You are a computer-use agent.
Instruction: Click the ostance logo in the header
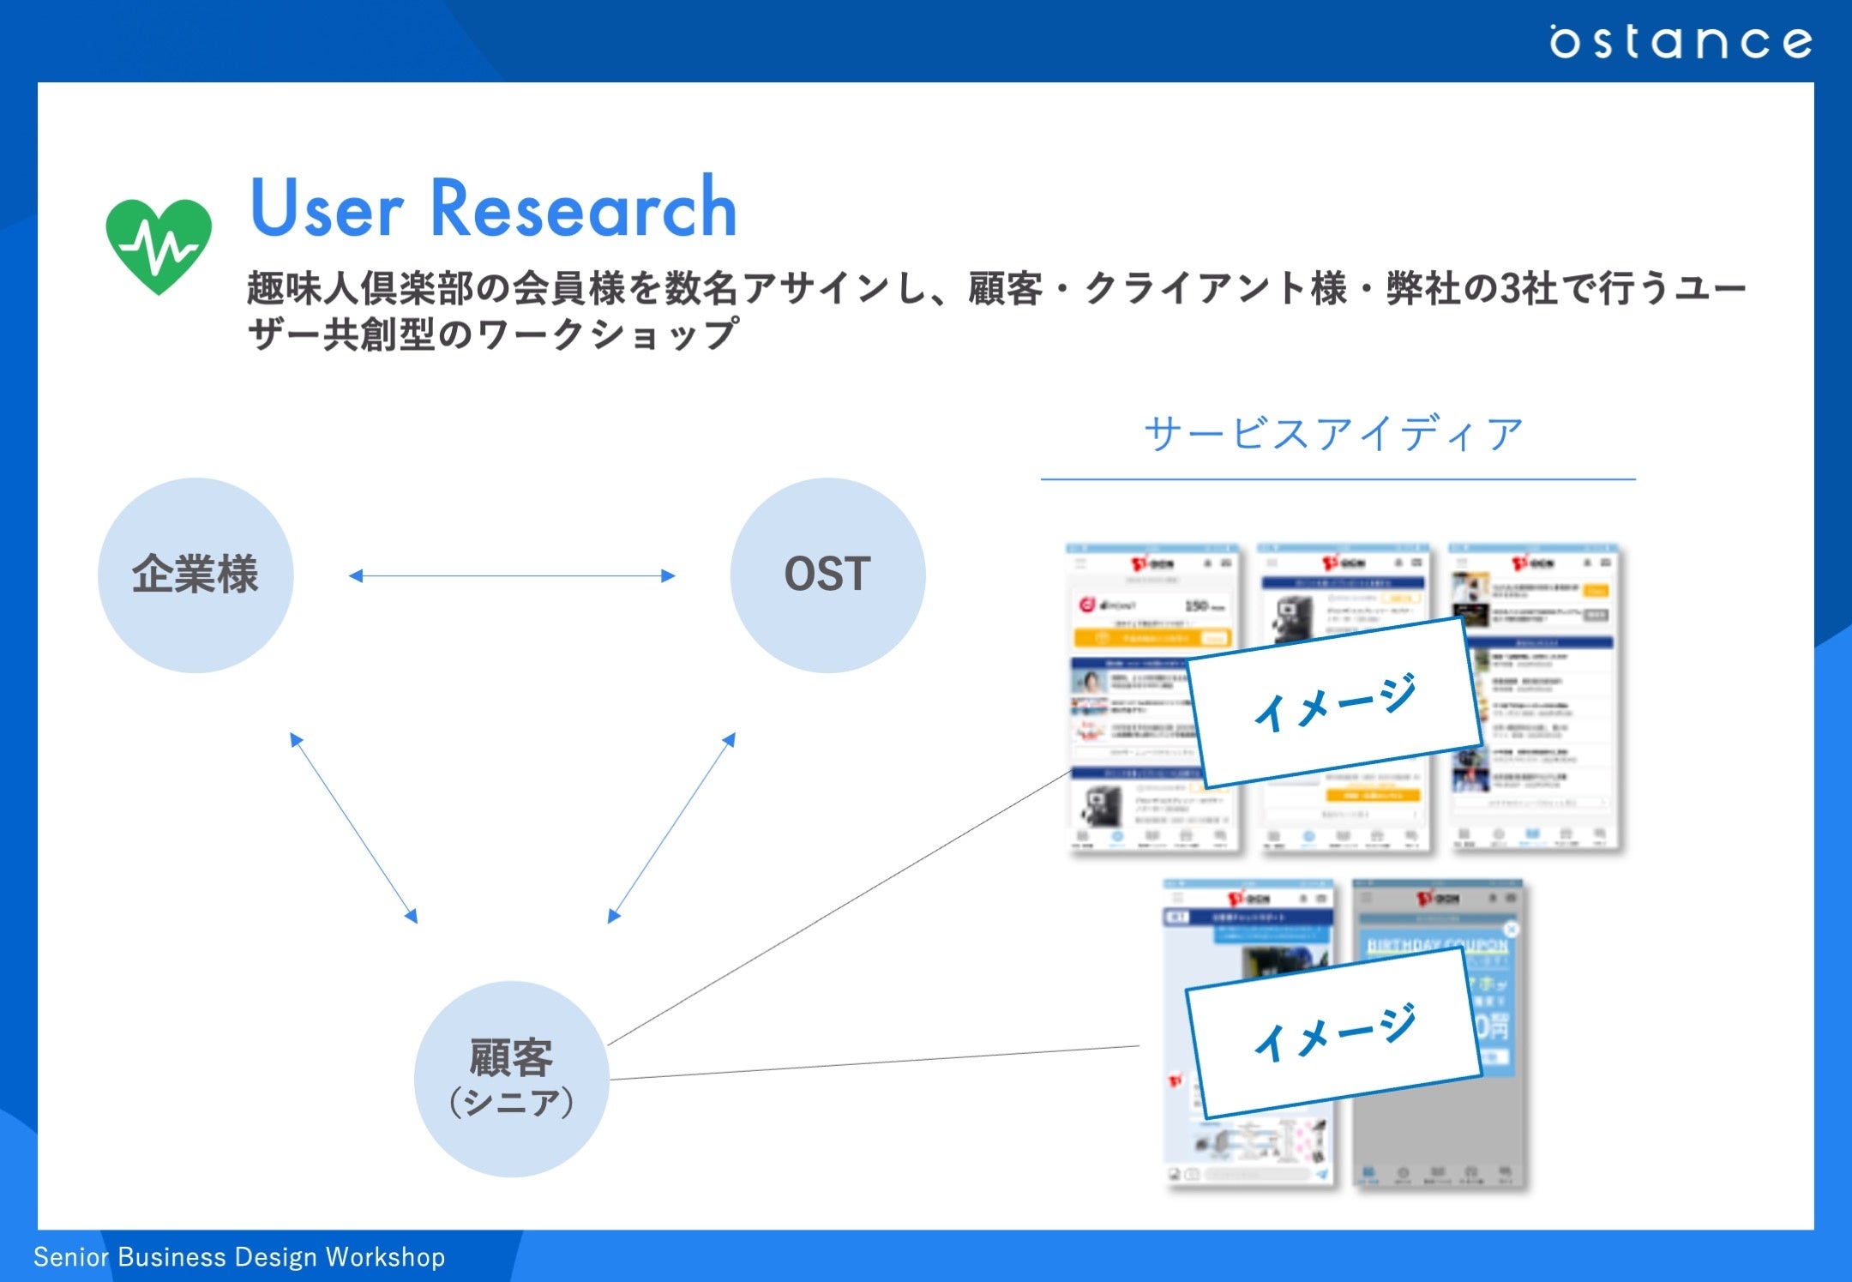(x=1680, y=41)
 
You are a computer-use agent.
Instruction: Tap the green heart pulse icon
(x=159, y=245)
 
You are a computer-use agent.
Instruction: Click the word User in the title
(x=326, y=208)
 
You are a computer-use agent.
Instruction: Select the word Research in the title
(x=583, y=208)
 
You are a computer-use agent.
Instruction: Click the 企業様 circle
(x=195, y=575)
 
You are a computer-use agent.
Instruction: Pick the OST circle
(x=827, y=575)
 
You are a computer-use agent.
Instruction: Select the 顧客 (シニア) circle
(x=512, y=1078)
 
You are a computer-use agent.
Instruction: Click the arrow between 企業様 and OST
(x=512, y=576)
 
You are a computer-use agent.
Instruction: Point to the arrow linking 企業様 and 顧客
(x=353, y=828)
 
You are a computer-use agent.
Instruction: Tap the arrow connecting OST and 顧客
(x=671, y=828)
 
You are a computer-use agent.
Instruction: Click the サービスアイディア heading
(x=1334, y=434)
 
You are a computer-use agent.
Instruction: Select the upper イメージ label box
(x=1334, y=701)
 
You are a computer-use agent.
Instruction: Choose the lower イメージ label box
(x=1334, y=1032)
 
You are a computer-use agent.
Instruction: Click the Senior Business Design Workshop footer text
(x=239, y=1257)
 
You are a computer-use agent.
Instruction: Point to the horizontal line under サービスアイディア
(x=1338, y=479)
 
